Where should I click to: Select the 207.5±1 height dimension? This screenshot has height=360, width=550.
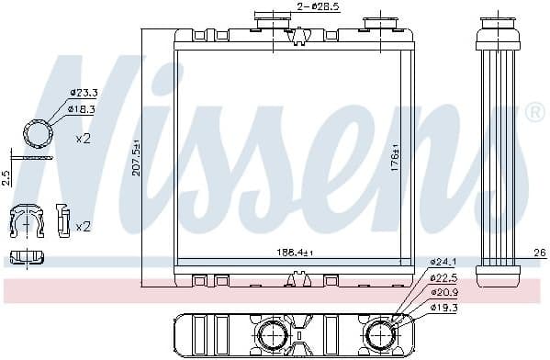[136, 158]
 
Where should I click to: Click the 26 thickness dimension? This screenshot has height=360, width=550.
[539, 253]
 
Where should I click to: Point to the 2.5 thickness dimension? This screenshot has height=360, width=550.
[6, 177]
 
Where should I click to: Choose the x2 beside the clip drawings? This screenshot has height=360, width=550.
[83, 226]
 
